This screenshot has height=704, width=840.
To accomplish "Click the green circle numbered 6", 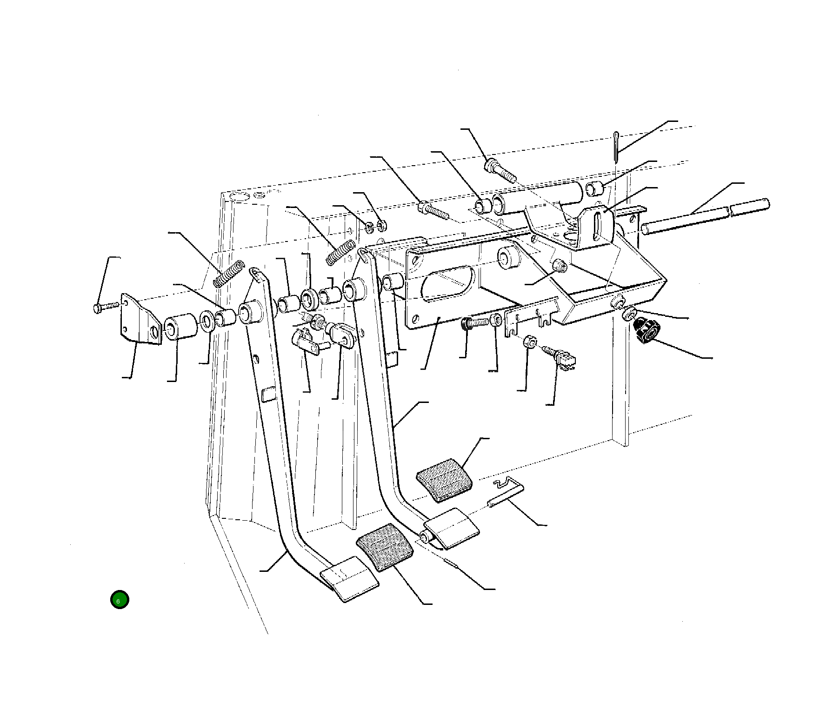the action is click(x=119, y=600).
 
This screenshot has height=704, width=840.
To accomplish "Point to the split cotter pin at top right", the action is click(x=615, y=147).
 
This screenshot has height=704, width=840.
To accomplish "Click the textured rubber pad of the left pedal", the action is click(x=385, y=548).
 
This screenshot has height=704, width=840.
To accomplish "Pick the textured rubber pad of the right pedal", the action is click(x=444, y=480).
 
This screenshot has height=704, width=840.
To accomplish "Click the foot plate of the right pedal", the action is click(x=452, y=527).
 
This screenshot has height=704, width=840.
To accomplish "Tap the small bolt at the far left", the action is click(x=107, y=307).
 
